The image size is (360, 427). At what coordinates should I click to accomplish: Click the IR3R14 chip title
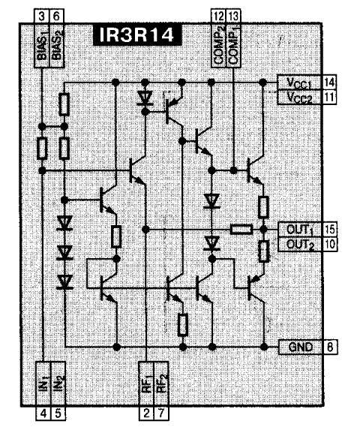[x=137, y=35]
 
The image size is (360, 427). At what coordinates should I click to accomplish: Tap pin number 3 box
[x=41, y=16]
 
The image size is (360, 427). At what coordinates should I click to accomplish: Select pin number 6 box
[x=56, y=16]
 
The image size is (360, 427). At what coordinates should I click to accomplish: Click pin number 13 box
[x=233, y=16]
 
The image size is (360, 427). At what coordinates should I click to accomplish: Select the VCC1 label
[x=299, y=83]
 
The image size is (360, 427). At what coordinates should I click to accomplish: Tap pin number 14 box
[x=329, y=83]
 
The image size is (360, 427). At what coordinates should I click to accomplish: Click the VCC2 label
[x=299, y=98]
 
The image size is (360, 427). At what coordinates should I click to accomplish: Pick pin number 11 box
[x=329, y=98]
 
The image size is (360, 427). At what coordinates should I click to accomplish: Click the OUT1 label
[x=300, y=230]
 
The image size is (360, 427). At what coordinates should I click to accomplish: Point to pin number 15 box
[x=329, y=230]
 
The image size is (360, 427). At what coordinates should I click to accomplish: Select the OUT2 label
[x=300, y=245]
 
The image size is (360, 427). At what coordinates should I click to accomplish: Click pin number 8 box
[x=330, y=347]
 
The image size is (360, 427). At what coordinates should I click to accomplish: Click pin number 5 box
[x=58, y=413]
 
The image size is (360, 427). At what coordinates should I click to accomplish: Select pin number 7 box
[x=161, y=413]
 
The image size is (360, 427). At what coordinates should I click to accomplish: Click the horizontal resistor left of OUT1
[x=241, y=230]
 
